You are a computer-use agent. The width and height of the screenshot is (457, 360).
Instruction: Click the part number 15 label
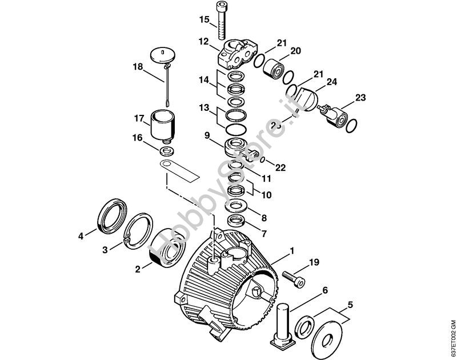(204, 21)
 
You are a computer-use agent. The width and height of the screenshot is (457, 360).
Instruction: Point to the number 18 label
(138, 67)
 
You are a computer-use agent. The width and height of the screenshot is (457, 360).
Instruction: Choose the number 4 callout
(81, 235)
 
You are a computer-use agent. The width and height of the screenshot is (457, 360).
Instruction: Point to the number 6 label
(325, 290)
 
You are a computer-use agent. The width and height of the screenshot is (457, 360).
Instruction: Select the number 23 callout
(360, 98)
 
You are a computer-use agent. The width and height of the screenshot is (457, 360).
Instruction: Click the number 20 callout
(295, 51)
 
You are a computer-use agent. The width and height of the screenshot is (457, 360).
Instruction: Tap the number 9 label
(207, 136)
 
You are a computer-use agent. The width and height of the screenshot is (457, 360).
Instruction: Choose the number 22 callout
(279, 167)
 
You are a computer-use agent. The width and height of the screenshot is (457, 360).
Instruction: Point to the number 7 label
(263, 234)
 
